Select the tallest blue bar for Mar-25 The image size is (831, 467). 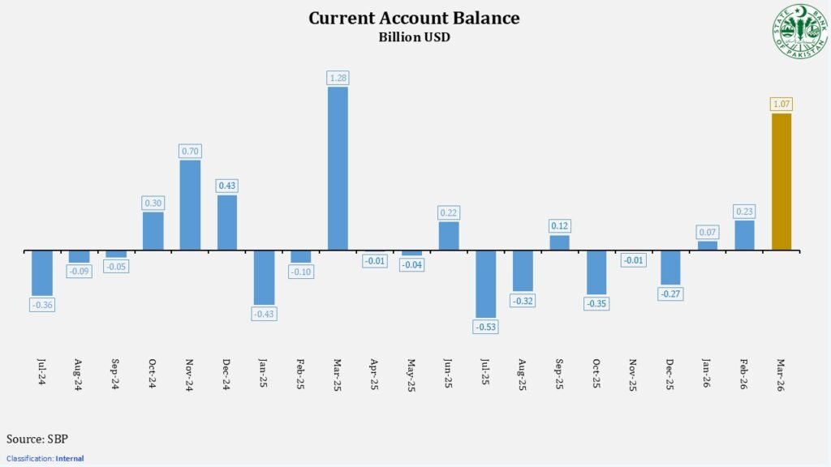tap(338, 168)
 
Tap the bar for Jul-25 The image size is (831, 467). tap(485, 283)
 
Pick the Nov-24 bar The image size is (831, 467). tap(190, 204)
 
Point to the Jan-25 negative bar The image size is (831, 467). tap(264, 276)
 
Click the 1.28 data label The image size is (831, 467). tap(338, 78)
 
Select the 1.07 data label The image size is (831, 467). tap(781, 104)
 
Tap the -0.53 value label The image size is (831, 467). tap(485, 327)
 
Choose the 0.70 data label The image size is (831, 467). tap(190, 151)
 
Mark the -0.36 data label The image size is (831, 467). tap(42, 305)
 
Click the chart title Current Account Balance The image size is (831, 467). tap(414, 18)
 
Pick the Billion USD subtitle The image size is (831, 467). tap(414, 36)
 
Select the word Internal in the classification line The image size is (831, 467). tap(69, 459)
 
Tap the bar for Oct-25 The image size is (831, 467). tap(596, 272)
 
